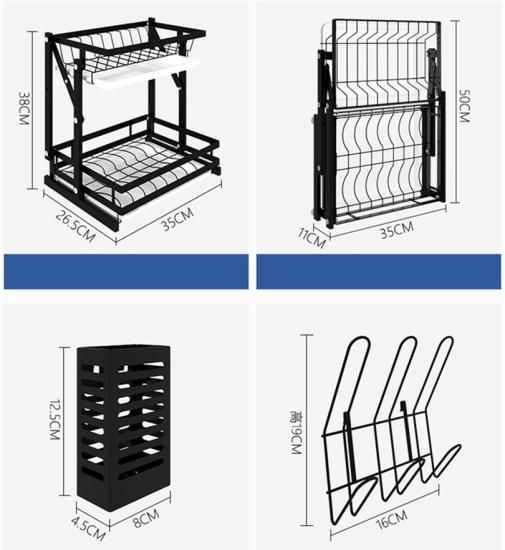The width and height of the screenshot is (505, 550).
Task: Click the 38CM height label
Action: tap(23, 108)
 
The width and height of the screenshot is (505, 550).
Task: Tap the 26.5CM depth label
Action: tap(75, 226)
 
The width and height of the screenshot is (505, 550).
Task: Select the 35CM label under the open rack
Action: tap(177, 219)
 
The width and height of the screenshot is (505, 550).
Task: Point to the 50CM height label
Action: tap(464, 106)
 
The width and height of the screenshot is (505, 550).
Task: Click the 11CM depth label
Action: tap(312, 237)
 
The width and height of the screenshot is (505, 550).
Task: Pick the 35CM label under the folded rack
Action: tap(397, 230)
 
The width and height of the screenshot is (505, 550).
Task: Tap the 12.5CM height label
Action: tap(55, 419)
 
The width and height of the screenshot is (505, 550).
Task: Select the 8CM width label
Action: tap(146, 518)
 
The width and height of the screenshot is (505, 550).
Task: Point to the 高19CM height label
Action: tap(296, 432)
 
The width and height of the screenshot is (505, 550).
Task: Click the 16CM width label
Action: tap(392, 519)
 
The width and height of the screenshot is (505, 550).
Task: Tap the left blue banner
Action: tap(126, 272)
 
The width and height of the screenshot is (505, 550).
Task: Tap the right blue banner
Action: tap(378, 272)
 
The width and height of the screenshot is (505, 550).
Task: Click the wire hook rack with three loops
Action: tap(391, 431)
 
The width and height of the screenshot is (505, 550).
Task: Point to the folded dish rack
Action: tap(381, 123)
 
